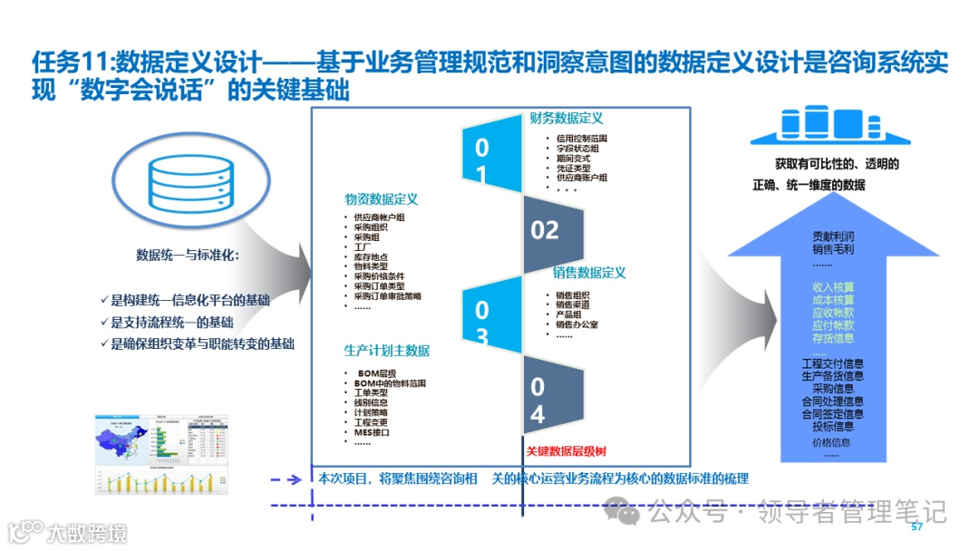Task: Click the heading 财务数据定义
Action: [567, 118]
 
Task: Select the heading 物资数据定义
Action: [381, 199]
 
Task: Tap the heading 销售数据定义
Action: [589, 272]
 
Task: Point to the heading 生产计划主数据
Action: [387, 351]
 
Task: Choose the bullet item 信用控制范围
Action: [582, 139]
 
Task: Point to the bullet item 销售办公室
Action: [577, 324]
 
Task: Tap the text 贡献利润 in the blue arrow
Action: [832, 237]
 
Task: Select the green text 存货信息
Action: [832, 338]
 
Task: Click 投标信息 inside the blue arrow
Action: [832, 426]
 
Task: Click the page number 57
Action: [916, 527]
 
